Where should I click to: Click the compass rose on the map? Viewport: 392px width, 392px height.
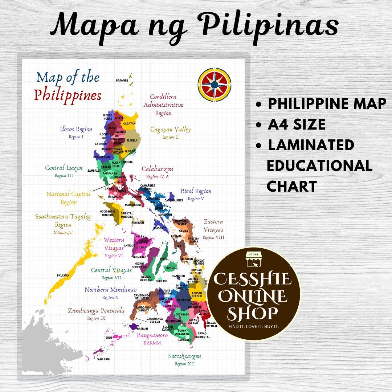tap(215, 85)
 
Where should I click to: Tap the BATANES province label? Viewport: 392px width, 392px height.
tap(122, 81)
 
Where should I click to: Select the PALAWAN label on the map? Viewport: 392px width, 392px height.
tap(63, 275)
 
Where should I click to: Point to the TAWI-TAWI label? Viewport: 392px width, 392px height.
tap(103, 359)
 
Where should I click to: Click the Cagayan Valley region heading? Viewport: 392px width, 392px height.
tap(170, 130)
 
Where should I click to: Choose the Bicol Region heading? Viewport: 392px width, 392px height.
tap(196, 191)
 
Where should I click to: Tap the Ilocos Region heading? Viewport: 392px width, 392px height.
tap(76, 129)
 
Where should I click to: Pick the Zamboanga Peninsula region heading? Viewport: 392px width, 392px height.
tap(96, 311)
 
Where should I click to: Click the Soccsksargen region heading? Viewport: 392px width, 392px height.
tap(184, 356)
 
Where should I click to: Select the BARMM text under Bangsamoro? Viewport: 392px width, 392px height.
tap(152, 343)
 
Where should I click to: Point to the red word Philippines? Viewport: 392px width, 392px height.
tap(68, 95)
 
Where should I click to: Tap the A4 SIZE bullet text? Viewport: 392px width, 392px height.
tap(297, 124)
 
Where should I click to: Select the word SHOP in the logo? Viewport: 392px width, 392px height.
tap(253, 313)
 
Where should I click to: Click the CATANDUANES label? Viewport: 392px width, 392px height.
tap(174, 200)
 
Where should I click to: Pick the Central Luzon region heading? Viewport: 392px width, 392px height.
tap(64, 168)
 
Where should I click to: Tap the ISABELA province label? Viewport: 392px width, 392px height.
tap(132, 140)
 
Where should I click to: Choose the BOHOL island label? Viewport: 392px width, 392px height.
tap(170, 268)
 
